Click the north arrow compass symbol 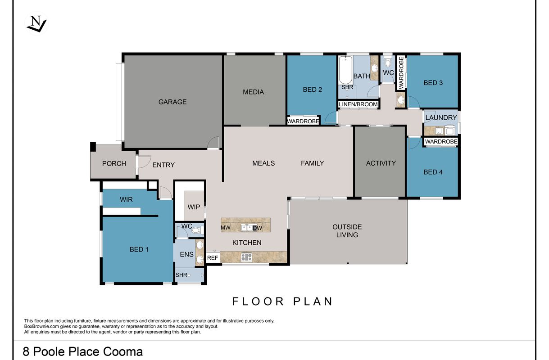[36, 24]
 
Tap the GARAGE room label [172, 102]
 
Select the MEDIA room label [253, 92]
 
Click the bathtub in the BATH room [345, 70]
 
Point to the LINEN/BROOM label [358, 104]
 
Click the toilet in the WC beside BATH [388, 62]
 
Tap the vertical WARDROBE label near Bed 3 [401, 73]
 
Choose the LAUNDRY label [441, 118]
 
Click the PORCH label [114, 164]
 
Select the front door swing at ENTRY [145, 162]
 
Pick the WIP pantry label [194, 207]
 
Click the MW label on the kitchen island [226, 228]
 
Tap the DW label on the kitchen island [258, 228]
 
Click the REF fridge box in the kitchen [213, 258]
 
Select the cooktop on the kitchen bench [246, 257]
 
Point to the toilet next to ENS [197, 230]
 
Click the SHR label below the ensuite [181, 275]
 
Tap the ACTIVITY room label [381, 163]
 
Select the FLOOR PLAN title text [282, 301]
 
